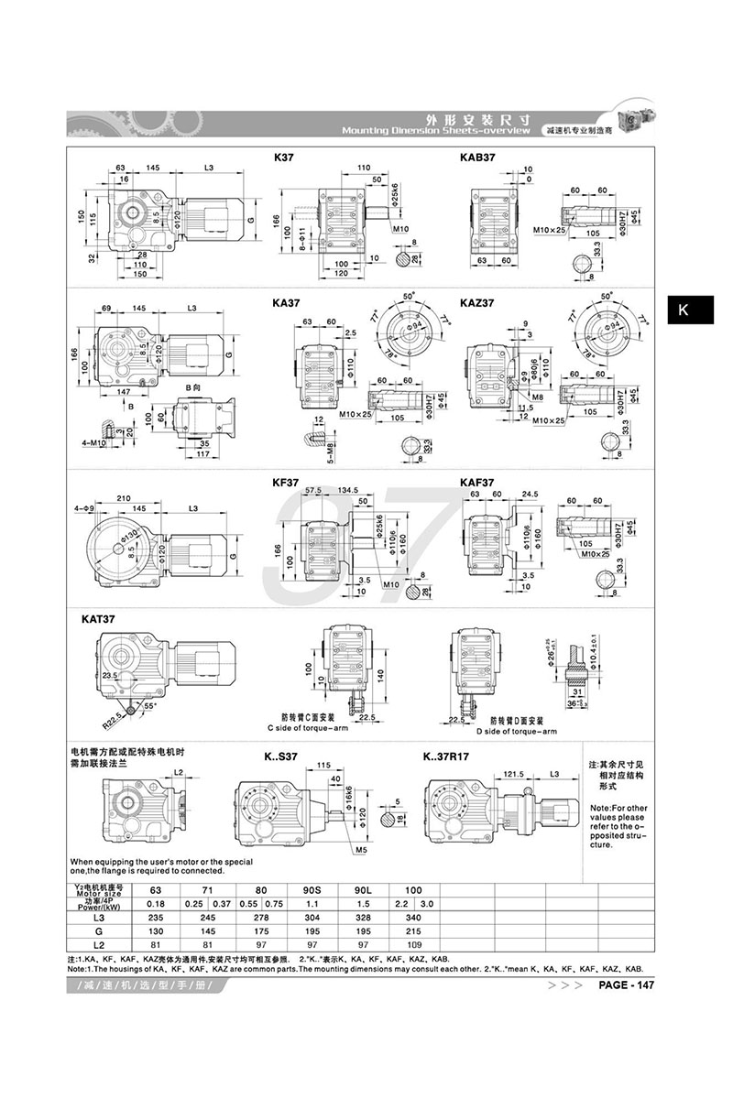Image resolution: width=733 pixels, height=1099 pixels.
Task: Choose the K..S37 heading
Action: click(x=279, y=757)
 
